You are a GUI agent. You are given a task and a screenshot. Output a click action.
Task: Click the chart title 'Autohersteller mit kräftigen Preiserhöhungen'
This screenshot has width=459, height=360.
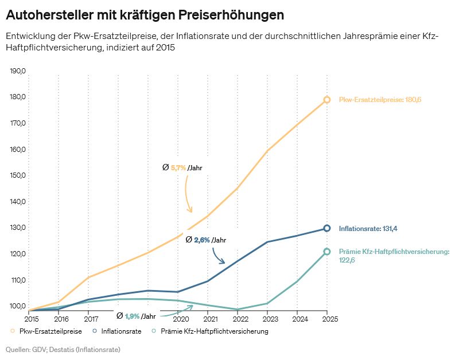point(145,14)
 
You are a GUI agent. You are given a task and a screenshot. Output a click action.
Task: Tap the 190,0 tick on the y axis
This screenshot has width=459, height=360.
point(18,71)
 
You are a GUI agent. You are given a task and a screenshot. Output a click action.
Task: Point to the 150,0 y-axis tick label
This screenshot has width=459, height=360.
point(18,175)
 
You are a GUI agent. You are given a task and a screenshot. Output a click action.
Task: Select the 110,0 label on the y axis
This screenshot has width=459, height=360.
point(18,280)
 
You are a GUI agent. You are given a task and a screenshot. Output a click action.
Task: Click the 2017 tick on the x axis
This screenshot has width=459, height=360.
point(91,318)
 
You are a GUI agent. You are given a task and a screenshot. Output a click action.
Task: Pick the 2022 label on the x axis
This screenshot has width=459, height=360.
point(240,318)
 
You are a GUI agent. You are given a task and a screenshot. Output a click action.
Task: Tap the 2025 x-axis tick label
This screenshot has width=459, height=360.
point(327,318)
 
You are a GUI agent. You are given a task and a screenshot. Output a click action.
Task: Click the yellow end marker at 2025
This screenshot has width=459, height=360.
point(327,100)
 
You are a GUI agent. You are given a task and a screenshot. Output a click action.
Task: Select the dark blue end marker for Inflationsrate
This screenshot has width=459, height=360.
point(327,228)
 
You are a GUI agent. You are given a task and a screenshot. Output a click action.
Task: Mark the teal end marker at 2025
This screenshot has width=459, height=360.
point(327,252)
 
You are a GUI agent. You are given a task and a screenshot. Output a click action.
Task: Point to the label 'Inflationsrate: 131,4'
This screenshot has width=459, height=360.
point(368,229)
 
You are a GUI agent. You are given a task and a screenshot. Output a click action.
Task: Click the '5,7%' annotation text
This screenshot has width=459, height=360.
point(178,168)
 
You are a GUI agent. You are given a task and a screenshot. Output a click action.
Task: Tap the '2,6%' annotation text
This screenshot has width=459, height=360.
point(201,240)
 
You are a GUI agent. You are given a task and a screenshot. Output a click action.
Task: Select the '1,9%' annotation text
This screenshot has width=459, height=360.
point(132,316)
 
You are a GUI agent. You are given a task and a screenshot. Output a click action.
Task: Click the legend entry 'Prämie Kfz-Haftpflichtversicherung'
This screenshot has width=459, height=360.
point(215,331)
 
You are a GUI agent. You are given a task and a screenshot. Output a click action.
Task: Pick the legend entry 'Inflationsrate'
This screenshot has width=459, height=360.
point(120,331)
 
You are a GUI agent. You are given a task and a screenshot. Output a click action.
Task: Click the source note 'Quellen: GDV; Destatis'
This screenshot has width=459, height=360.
point(63,349)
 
